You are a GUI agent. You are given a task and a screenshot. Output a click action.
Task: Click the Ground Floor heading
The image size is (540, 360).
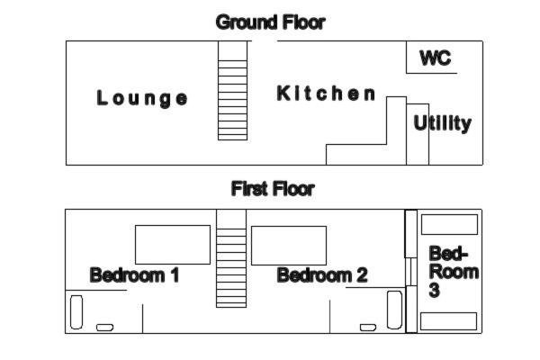[x=270, y=22]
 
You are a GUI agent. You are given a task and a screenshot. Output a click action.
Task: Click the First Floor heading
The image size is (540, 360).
[x=273, y=189]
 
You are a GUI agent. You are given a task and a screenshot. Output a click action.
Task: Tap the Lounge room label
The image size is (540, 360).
[x=142, y=98]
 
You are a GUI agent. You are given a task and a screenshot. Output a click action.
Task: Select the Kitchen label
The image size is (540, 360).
[x=326, y=94]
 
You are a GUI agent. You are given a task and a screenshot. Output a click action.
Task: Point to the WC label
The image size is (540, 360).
[x=436, y=58]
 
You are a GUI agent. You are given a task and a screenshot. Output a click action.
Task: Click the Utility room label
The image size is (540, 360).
[x=443, y=123]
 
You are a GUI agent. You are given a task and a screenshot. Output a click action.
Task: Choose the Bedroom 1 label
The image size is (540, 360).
[x=134, y=275]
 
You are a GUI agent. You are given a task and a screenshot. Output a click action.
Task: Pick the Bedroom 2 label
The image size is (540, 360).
[x=322, y=275]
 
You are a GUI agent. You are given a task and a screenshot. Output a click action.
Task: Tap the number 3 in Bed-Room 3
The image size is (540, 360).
[x=435, y=290]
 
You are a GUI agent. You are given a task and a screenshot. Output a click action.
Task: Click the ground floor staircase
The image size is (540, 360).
[x=232, y=91]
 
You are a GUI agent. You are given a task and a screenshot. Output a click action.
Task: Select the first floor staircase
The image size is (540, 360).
[x=231, y=258]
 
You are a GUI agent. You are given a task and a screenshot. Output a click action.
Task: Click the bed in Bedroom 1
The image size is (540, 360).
[x=173, y=245]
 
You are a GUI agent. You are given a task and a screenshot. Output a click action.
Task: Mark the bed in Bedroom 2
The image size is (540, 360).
[x=289, y=246]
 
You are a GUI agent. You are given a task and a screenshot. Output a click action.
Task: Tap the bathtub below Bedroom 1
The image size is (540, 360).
[x=76, y=312]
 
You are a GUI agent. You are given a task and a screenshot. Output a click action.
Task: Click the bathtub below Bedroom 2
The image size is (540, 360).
[x=395, y=310]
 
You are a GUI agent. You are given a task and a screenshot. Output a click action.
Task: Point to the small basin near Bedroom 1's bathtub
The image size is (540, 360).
[x=104, y=328]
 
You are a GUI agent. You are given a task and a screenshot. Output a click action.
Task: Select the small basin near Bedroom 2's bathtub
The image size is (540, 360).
[x=368, y=328]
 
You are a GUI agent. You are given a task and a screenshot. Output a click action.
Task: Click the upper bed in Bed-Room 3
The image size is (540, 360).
[x=449, y=225]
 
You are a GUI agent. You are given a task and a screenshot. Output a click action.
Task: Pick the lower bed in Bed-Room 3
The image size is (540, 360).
[x=449, y=321]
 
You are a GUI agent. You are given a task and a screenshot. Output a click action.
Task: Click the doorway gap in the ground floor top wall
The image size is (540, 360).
[x=265, y=41]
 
